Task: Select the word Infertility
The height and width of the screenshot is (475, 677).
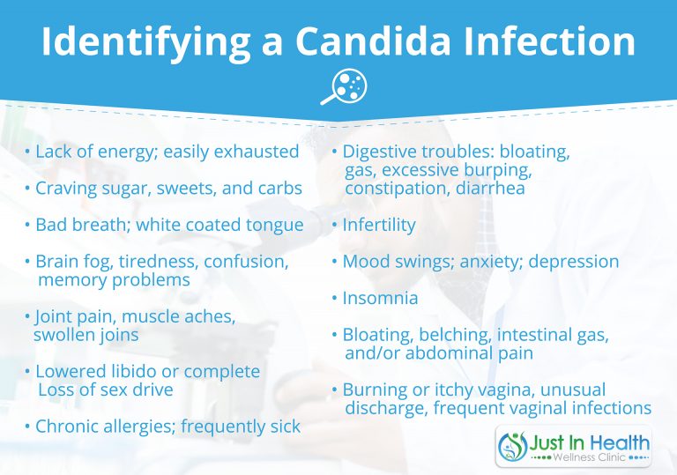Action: click(x=378, y=225)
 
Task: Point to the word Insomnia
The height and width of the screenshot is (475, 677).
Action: click(x=380, y=298)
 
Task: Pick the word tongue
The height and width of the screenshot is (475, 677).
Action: click(x=273, y=225)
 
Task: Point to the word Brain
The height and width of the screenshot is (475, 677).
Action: click(x=57, y=262)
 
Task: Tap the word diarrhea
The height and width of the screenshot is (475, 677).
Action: click(x=489, y=188)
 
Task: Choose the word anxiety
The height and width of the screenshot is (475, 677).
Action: click(x=479, y=262)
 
